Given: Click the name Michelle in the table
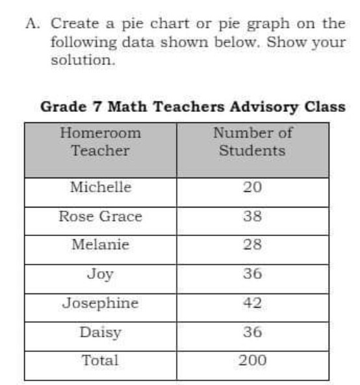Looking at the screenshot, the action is (100, 188).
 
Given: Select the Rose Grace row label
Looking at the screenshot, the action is (100, 217).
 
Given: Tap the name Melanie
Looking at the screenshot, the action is (100, 245).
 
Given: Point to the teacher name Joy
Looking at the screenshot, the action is (100, 274).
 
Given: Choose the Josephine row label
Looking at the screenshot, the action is (100, 303).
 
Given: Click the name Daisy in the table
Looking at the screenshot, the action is (100, 332).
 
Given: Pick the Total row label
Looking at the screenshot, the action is (100, 360).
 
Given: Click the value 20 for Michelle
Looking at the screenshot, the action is (252, 188).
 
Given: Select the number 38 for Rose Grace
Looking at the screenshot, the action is (252, 217).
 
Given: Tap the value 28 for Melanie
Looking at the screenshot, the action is (252, 245).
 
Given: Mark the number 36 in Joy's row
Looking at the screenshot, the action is (252, 274).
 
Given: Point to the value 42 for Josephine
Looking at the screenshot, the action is (252, 303).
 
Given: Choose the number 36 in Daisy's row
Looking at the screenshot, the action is (252, 332).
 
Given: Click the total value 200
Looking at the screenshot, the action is (252, 360).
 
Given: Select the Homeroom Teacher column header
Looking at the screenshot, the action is (100, 142).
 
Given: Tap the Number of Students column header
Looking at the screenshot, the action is (252, 142).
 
